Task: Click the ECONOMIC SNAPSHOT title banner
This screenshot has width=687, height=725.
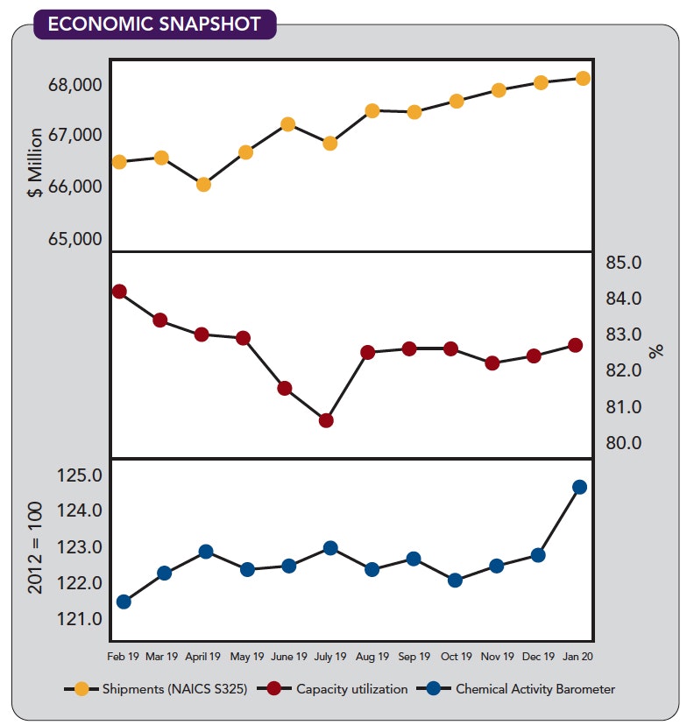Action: point(154,23)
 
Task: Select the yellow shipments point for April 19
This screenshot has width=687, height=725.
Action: point(203,184)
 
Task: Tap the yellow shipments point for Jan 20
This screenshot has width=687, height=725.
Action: point(583,78)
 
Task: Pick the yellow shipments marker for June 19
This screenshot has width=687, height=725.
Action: point(287,124)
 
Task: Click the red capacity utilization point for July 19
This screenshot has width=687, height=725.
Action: point(326,420)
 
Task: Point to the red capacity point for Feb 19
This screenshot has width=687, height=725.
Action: point(119,292)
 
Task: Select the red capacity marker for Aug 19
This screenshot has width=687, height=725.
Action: point(368,352)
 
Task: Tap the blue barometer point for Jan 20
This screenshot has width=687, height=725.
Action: point(579,487)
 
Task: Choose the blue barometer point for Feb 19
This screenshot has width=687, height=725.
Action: point(124,602)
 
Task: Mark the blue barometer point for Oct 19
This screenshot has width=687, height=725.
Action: point(455,580)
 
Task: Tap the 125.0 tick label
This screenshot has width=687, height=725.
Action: point(79,475)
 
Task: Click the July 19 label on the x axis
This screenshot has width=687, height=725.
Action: point(330,656)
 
